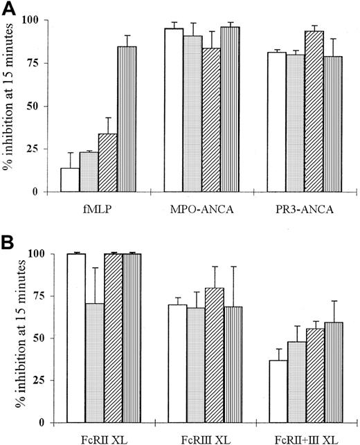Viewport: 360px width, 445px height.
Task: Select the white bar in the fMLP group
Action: click(x=70, y=179)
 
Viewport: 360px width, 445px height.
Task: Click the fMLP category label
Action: click(x=98, y=206)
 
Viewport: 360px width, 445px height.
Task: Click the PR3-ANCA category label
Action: click(x=296, y=206)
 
